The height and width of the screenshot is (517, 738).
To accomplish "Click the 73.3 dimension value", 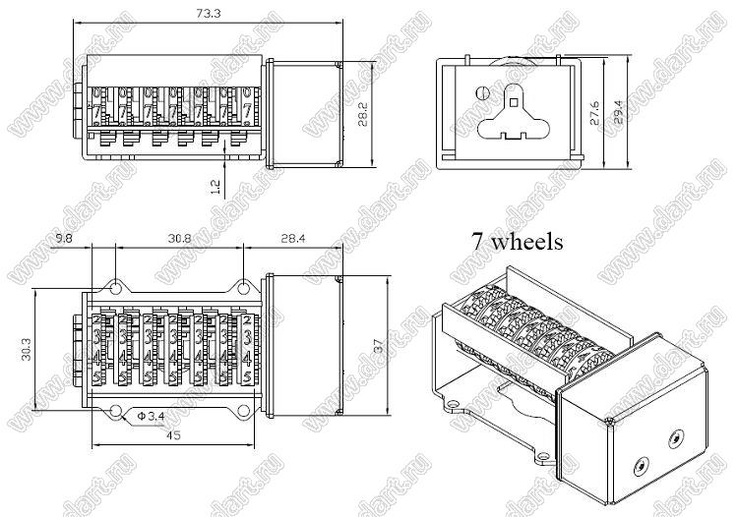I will tap(207, 14).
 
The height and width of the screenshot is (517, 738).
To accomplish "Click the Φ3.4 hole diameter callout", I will tap(150, 417).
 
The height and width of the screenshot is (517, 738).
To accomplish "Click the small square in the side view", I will tap(515, 98).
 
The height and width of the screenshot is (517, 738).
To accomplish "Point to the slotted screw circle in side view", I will tap(481, 94).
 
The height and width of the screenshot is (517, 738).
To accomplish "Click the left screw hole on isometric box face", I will tap(641, 466).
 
